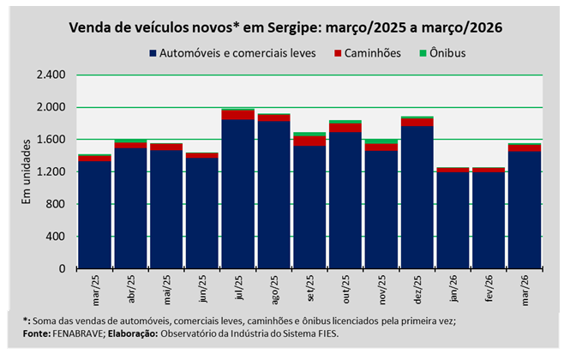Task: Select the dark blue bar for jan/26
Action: pos(452,220)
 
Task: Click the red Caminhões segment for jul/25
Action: pos(237,115)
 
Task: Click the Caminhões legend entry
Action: pos(369,52)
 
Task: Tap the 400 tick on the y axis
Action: pos(55,237)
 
